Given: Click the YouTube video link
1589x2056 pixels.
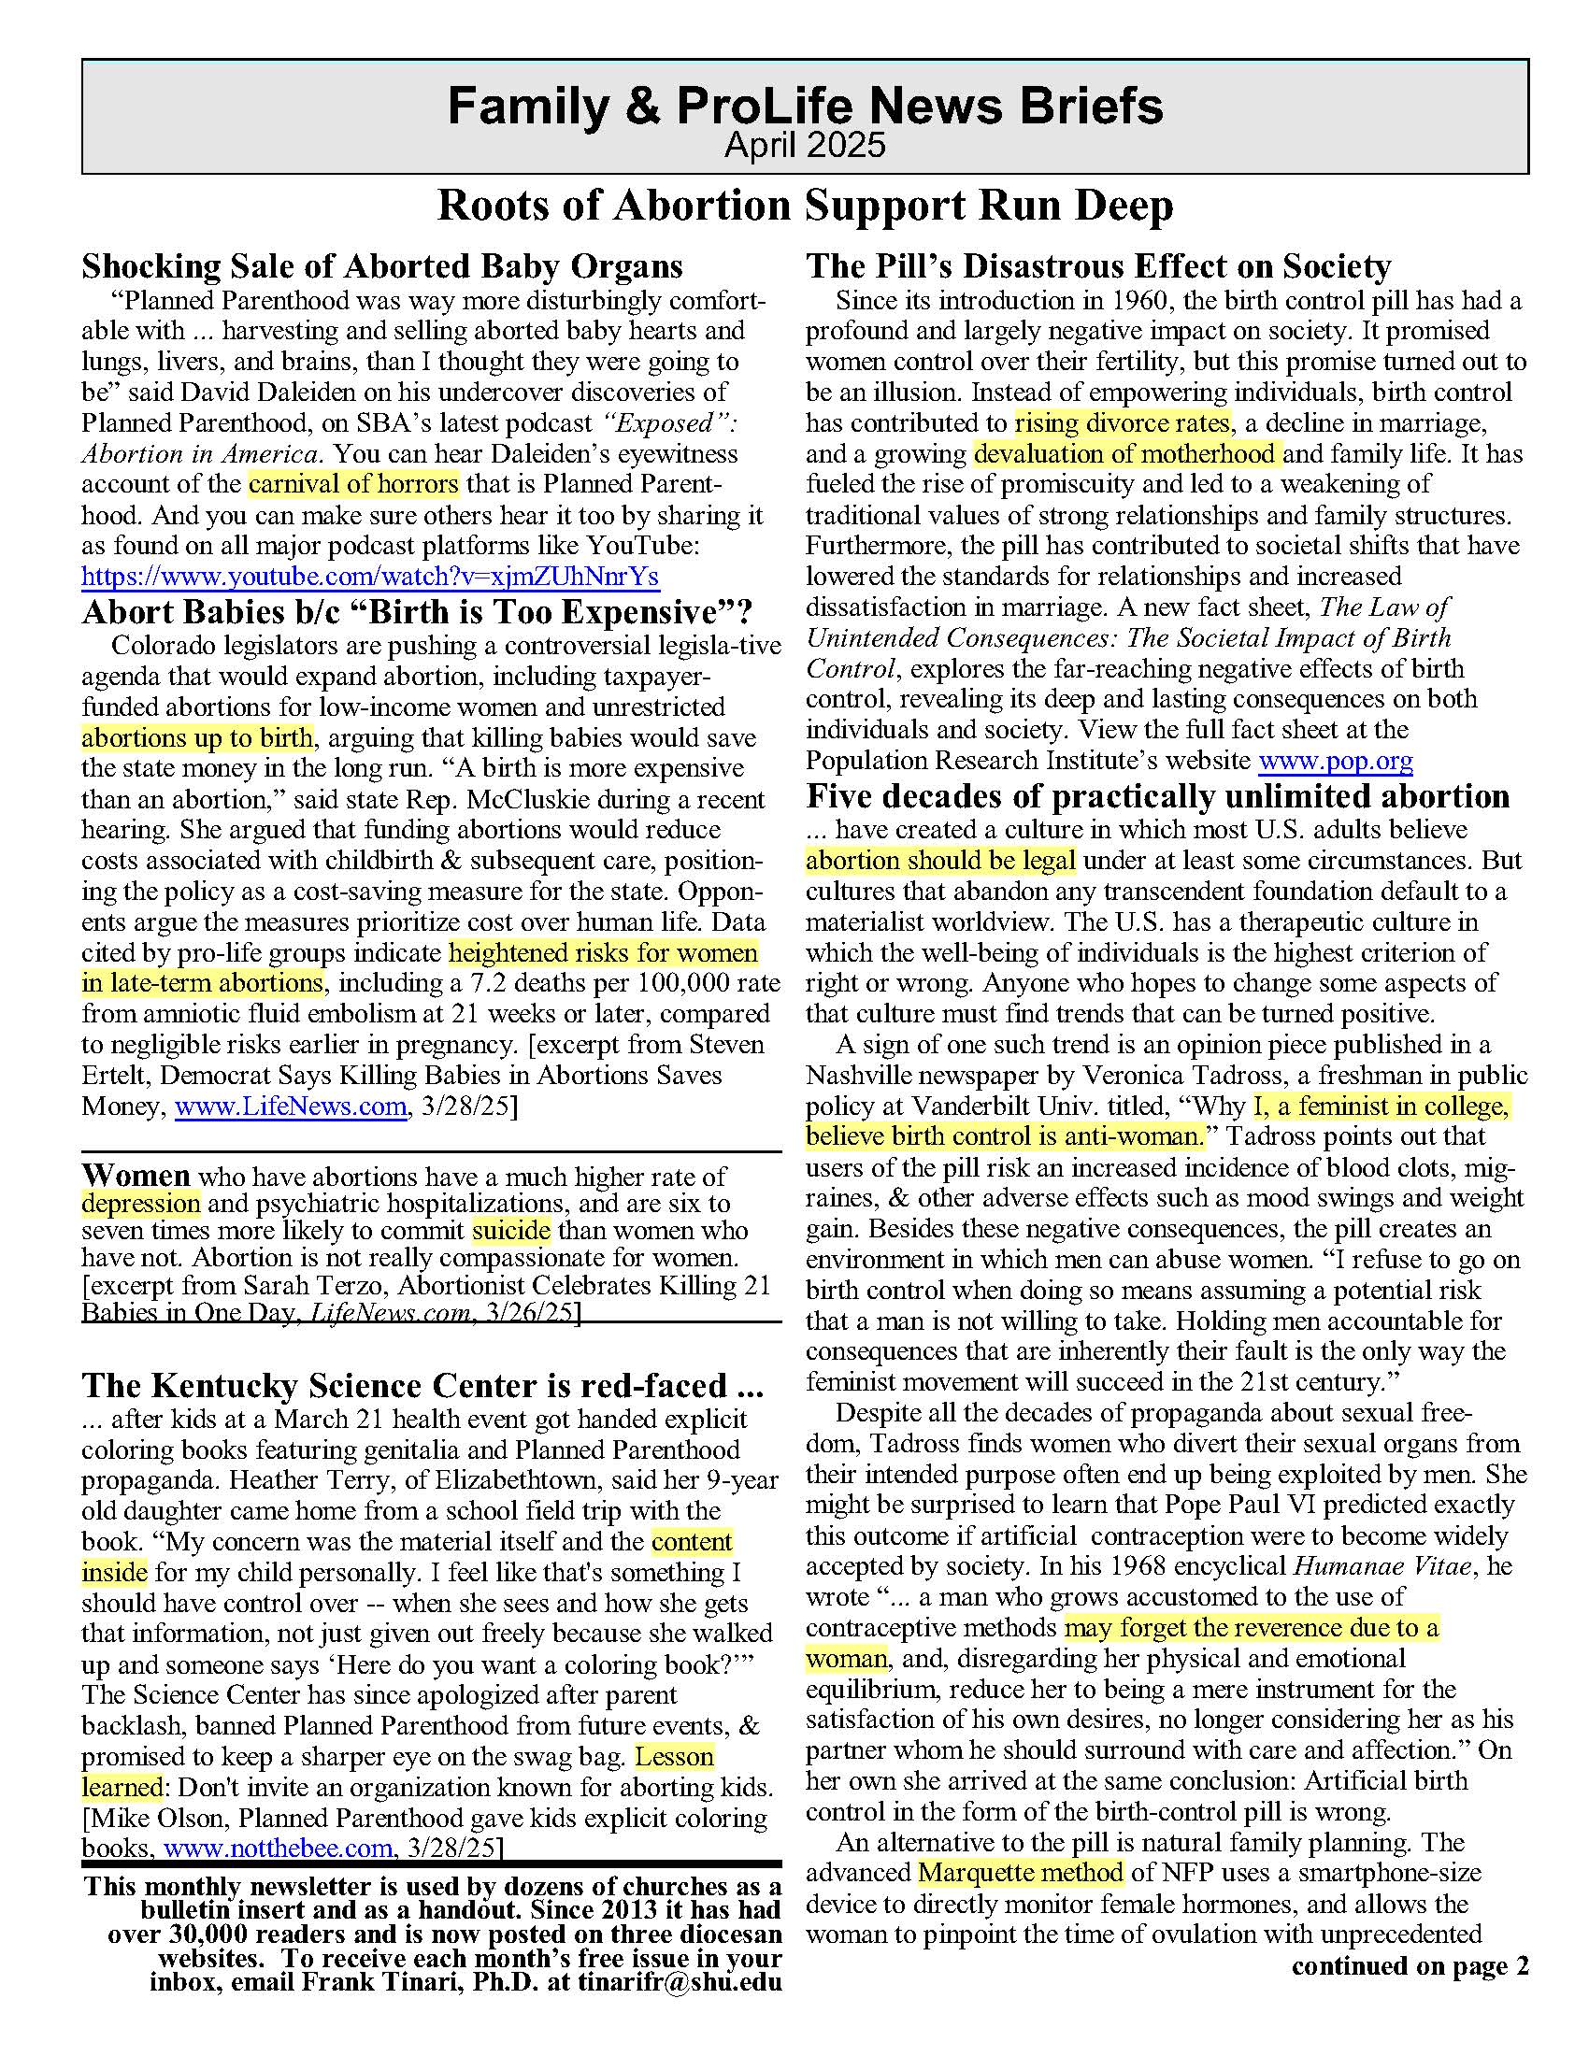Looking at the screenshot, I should [x=369, y=576].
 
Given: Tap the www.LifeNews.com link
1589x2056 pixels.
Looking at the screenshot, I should [x=290, y=1107].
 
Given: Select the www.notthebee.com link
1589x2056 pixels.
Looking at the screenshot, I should [x=278, y=1848].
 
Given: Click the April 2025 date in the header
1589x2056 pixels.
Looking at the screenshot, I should [x=805, y=146].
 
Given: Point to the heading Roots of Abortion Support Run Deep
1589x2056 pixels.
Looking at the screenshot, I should [x=805, y=207].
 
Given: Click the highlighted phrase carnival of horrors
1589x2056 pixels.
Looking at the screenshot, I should [x=354, y=484].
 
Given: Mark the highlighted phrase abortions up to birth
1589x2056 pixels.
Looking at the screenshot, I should [x=197, y=737].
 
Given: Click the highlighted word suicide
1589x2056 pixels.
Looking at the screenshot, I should [x=511, y=1231].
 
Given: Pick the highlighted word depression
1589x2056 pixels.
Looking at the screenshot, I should [x=141, y=1203].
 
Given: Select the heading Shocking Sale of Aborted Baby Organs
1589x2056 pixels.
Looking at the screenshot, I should [x=382, y=266].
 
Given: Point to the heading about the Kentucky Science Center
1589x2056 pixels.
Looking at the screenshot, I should [x=422, y=1386].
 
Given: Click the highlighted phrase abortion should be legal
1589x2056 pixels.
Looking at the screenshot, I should [x=940, y=861].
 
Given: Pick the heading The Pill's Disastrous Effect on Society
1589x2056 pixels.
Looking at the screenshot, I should [x=1098, y=266].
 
